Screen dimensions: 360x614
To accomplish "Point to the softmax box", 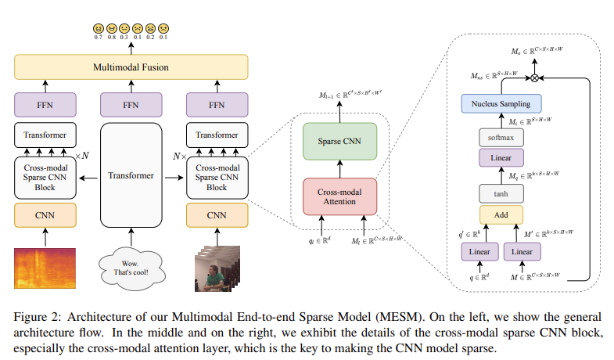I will [501, 138].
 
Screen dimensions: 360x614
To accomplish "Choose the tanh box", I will [501, 193].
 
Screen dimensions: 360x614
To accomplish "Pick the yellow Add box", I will [501, 215].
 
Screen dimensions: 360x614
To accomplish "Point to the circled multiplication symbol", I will [535, 78].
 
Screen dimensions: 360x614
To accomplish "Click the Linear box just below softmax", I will [501, 159].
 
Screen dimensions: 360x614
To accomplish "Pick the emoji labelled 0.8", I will [111, 29].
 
